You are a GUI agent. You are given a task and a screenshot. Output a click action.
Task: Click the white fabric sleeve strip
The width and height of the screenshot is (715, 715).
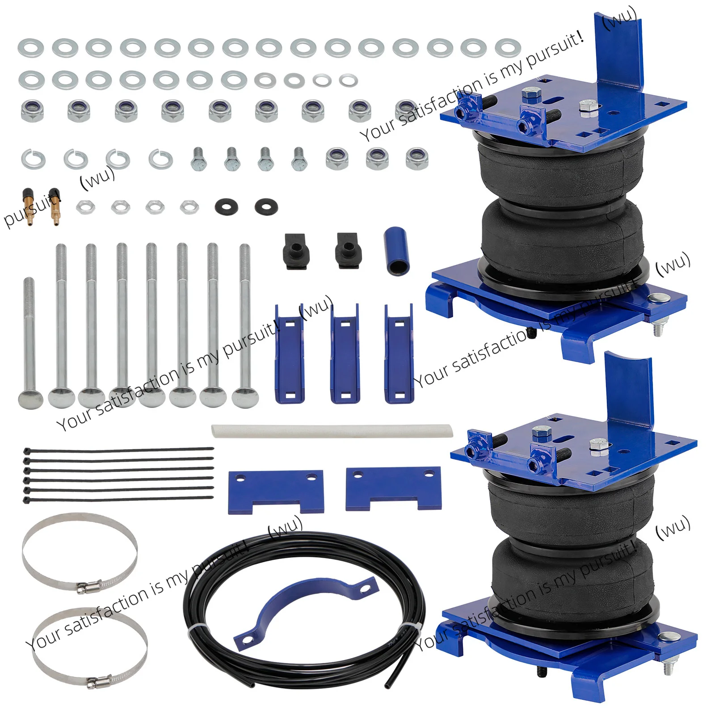click(332, 431)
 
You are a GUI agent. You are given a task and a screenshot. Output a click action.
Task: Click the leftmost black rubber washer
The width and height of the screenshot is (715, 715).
click(227, 207)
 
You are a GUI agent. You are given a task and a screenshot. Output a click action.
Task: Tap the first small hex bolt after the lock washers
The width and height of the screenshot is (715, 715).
click(199, 159)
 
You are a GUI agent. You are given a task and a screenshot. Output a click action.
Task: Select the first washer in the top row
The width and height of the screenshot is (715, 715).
click(31, 48)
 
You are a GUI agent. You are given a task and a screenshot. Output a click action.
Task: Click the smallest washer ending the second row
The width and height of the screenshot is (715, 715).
click(348, 80)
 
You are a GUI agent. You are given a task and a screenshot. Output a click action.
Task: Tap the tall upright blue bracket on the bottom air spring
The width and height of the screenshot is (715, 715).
click(630, 393)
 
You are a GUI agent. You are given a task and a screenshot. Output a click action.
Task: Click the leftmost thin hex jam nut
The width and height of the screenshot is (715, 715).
click(85, 207)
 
